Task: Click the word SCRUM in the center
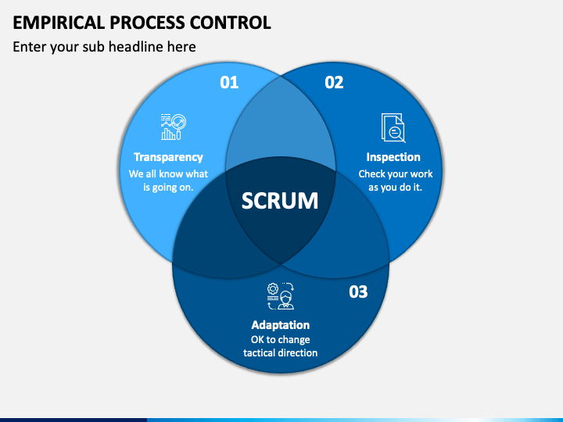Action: pos(280,200)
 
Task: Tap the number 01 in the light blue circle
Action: pos(229,83)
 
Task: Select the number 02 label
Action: pos(334,83)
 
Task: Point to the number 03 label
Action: pos(358,291)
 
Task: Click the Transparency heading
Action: pos(168,157)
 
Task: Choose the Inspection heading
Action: pos(393,157)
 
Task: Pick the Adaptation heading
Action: pos(281,325)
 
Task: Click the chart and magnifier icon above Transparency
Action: pos(174,127)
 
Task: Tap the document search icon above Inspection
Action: pos(393,127)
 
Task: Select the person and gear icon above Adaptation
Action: pos(281,296)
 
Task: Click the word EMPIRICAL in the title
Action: pos(59,23)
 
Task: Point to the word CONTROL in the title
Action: pos(230,23)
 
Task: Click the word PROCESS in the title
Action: pos(147,23)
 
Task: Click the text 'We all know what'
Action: pos(168,173)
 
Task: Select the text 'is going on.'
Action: pos(168,188)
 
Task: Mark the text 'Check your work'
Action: pos(396,173)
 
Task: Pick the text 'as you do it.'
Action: pos(395,188)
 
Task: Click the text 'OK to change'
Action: pos(281,339)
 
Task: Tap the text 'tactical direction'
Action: pos(281,352)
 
